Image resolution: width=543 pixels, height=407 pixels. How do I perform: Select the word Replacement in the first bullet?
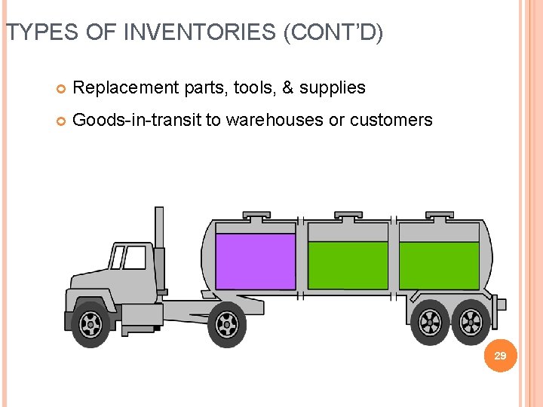point(127,88)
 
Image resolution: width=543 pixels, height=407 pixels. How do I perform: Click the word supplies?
point(333,88)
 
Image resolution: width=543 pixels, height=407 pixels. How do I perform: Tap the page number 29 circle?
point(499,354)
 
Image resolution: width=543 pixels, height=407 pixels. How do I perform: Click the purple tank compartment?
point(256,261)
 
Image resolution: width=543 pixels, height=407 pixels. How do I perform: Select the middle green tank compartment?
point(348,265)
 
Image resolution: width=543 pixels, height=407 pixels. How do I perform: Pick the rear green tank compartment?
point(439,265)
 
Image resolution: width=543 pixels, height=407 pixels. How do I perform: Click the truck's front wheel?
point(90,324)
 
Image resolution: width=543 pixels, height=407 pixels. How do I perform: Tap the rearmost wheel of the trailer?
point(471,323)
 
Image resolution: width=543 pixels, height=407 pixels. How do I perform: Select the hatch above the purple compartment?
point(256,216)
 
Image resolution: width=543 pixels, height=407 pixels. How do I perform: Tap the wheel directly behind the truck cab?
point(226,325)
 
